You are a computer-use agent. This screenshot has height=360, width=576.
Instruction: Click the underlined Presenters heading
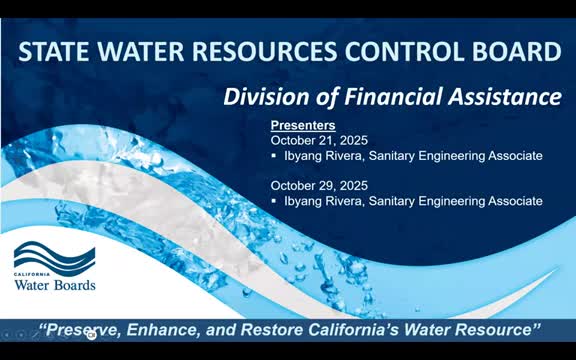[x=304, y=126]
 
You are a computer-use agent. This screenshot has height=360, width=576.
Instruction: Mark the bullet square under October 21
[x=275, y=156]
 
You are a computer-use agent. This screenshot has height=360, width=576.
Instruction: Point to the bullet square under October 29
[x=275, y=202]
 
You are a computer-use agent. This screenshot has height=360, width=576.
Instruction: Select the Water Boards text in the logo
[x=55, y=285]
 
